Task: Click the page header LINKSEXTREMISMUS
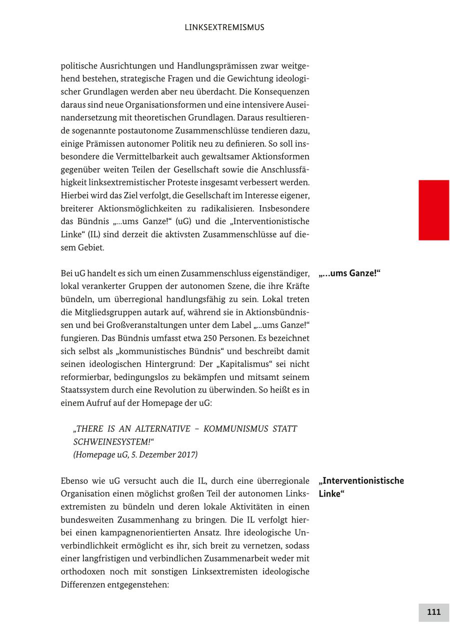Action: click(x=224, y=27)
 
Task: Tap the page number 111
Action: click(x=433, y=612)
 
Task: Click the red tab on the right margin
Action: click(x=433, y=210)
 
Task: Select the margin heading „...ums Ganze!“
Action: click(x=349, y=273)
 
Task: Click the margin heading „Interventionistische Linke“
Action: click(x=361, y=487)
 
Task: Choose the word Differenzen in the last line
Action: click(x=82, y=584)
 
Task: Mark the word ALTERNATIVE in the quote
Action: click(x=162, y=429)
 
